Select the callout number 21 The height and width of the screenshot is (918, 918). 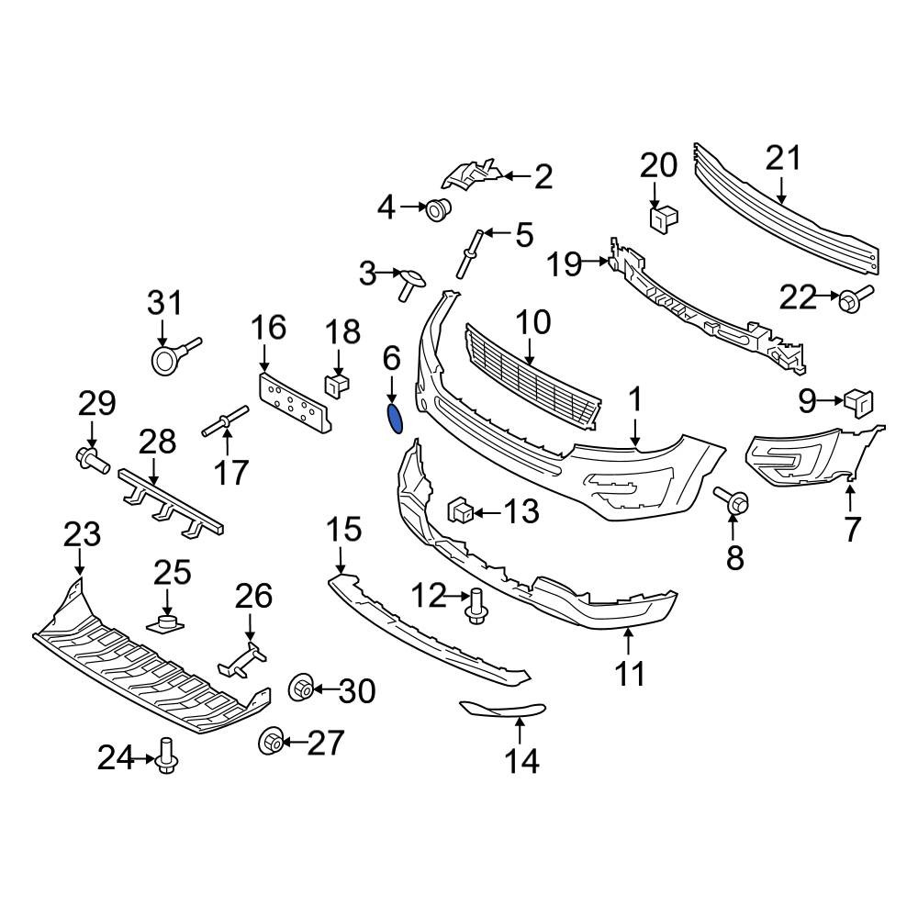pyautogui.click(x=783, y=158)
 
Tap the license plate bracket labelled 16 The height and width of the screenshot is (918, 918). pyautogui.click(x=295, y=403)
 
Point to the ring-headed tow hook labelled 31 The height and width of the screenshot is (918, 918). pyautogui.click(x=174, y=356)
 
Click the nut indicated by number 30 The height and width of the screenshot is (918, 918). pyautogui.click(x=302, y=688)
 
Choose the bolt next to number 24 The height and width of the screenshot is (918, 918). pyautogui.click(x=167, y=756)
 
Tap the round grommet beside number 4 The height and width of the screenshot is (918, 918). pyautogui.click(x=438, y=209)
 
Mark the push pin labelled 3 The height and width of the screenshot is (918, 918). pyautogui.click(x=409, y=284)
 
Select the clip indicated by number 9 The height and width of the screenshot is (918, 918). pyautogui.click(x=858, y=404)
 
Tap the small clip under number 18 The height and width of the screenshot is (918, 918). pyautogui.click(x=337, y=386)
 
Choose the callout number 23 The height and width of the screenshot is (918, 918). pyautogui.click(x=82, y=534)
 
